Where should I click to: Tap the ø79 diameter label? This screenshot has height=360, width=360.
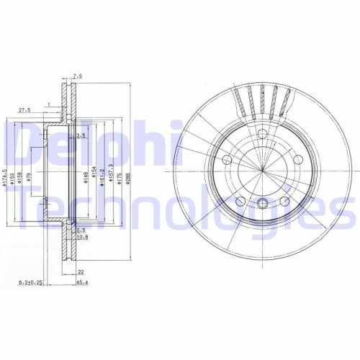point(30,176)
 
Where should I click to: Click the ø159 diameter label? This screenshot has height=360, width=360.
point(13,176)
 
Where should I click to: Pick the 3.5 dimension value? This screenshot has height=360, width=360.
point(81,135)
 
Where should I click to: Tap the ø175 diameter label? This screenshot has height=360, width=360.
point(120,175)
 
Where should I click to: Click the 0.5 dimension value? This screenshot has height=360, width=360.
point(81,230)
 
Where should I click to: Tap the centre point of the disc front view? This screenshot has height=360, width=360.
point(263,171)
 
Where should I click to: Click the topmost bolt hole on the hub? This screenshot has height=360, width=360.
point(262,135)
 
